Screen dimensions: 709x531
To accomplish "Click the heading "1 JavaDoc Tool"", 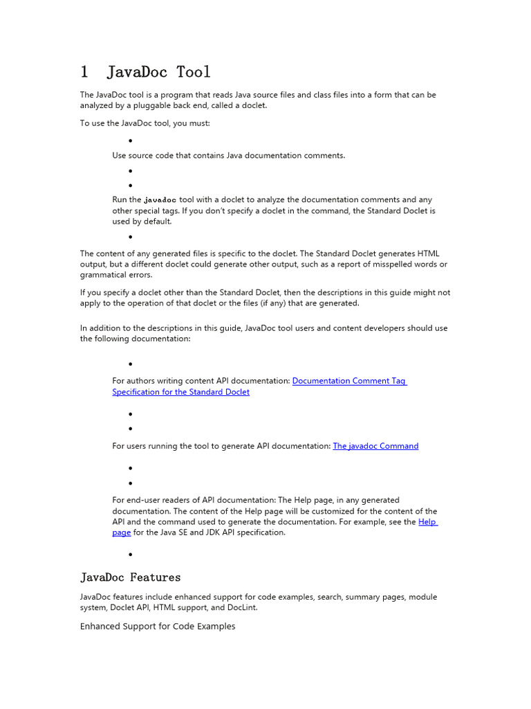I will [x=145, y=72].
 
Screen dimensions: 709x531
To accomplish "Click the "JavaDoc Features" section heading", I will [x=130, y=577].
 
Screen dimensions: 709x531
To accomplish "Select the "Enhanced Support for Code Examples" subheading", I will [x=158, y=626].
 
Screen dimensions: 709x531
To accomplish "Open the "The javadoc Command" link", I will [x=375, y=446].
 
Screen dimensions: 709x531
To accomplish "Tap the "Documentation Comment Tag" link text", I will [x=349, y=381].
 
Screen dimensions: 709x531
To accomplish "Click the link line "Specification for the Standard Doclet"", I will [x=181, y=392].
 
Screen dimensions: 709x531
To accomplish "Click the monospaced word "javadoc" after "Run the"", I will [x=160, y=199].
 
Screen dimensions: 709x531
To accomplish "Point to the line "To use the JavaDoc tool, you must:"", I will [x=145, y=123].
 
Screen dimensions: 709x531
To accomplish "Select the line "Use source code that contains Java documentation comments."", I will [x=228, y=155].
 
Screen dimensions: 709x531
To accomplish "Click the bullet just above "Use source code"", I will [x=131, y=141].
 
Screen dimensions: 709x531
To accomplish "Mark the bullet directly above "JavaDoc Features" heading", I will [x=131, y=555].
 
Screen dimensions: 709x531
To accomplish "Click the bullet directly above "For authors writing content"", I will [x=131, y=364].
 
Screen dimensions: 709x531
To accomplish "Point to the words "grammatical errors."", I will [x=115, y=275].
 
